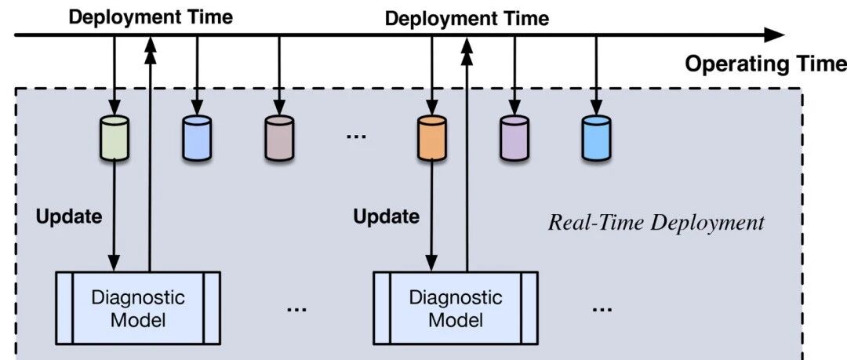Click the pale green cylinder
click(x=114, y=138)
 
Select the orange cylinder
click(x=431, y=138)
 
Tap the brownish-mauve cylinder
click(x=278, y=138)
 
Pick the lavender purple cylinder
click(x=514, y=138)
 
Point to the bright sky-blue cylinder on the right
click(x=596, y=138)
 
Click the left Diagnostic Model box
click(x=137, y=307)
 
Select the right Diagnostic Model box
click(x=455, y=307)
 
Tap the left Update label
click(x=68, y=216)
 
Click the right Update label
click(x=385, y=216)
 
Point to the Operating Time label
click(x=765, y=64)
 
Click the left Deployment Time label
click(x=151, y=17)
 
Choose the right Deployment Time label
click(x=467, y=17)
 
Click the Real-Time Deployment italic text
click(x=655, y=223)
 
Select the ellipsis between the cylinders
click(x=355, y=137)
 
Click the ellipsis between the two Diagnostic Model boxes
click(x=296, y=309)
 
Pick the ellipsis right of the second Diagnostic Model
click(x=602, y=309)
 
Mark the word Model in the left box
click(x=137, y=319)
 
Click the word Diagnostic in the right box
click(x=455, y=297)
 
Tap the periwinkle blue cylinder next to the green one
click(x=196, y=138)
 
